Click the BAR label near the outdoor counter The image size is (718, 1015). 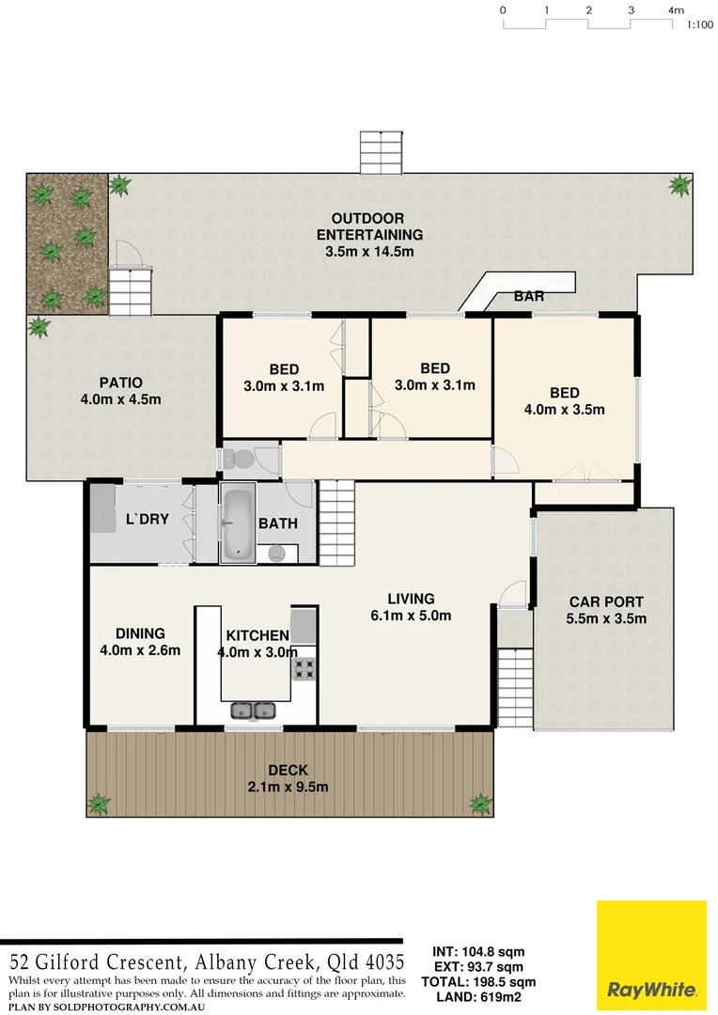coord(529,296)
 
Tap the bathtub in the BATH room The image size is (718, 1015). coord(237,523)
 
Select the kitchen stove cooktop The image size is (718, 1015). coord(304,668)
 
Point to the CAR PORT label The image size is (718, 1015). coord(606,601)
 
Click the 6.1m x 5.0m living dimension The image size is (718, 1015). coord(412,617)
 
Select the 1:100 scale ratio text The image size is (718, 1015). coord(699,25)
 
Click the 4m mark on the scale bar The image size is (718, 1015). coord(675,10)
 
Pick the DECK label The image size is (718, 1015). coord(288,771)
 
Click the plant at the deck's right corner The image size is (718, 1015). coord(480,804)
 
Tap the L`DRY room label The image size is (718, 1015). coord(147,520)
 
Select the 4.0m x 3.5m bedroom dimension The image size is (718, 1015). coord(564,409)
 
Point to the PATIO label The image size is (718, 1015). coord(120,383)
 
